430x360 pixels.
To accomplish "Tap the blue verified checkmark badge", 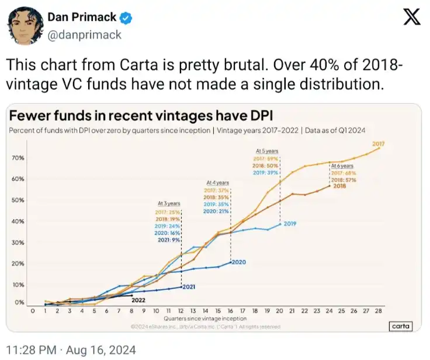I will tap(126, 18).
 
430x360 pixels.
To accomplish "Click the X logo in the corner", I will tap(412, 18).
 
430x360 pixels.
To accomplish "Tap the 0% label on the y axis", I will tap(18, 303).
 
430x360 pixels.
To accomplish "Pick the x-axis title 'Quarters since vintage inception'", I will tap(205, 320).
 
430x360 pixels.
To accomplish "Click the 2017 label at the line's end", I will tap(377, 144).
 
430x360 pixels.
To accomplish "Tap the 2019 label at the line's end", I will tap(290, 224).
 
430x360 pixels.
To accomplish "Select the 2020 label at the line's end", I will tap(240, 262).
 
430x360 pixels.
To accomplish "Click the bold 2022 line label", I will tap(138, 300).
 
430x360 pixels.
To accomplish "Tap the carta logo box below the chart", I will tap(401, 326).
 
